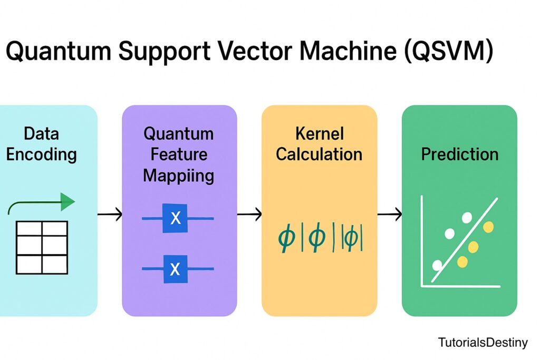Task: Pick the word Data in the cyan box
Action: (41, 133)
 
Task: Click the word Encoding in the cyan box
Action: (41, 154)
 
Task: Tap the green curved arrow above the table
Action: (42, 203)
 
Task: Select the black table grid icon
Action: (42, 247)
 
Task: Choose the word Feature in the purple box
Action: (178, 154)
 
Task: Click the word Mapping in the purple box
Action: (178, 176)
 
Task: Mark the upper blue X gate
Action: (176, 218)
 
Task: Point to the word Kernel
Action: (319, 133)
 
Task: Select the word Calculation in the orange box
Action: (319, 154)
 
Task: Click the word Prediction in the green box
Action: (459, 154)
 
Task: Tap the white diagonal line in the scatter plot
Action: (464, 240)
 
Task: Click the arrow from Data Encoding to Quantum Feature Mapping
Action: (110, 214)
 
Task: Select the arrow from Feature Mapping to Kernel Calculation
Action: (249, 214)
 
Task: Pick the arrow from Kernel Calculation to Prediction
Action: (390, 214)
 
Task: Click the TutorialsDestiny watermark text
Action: (483, 343)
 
